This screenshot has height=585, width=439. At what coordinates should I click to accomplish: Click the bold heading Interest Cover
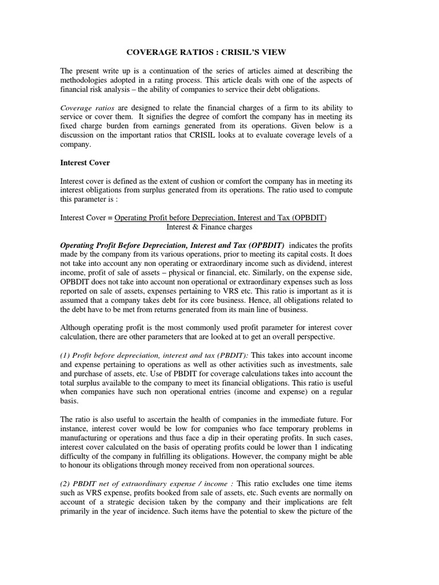click(x=85, y=162)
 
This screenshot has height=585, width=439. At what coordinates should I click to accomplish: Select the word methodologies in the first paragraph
click(x=86, y=81)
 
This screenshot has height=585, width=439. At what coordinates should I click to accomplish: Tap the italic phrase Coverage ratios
click(x=84, y=107)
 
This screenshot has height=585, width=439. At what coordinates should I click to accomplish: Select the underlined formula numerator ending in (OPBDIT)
click(x=221, y=218)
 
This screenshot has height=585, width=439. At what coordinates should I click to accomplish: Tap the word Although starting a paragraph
click(x=77, y=327)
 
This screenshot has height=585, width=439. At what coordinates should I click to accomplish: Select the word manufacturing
click(x=90, y=438)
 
